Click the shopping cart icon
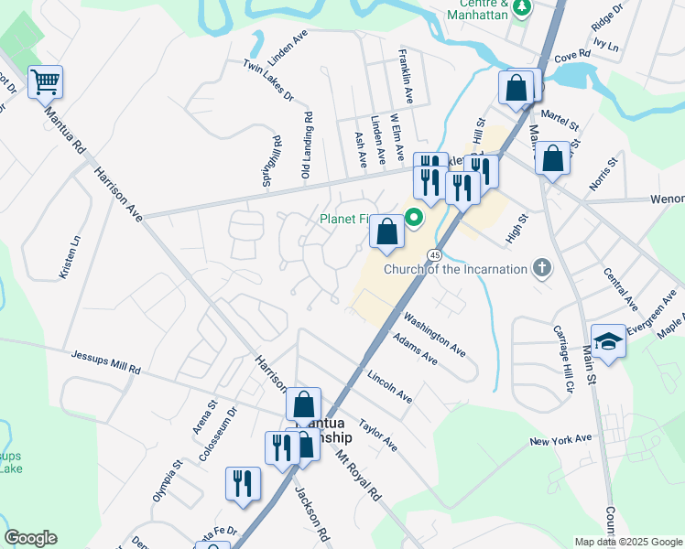[45, 82]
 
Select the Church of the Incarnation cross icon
[543, 269]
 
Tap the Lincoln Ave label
[389, 387]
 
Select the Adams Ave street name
[415, 348]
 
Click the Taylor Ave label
[378, 436]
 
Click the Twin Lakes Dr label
[268, 81]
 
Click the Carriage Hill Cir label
[561, 360]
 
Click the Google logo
[30, 538]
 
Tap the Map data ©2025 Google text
[627, 542]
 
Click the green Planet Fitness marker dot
[413, 218]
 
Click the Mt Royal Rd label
[358, 475]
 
